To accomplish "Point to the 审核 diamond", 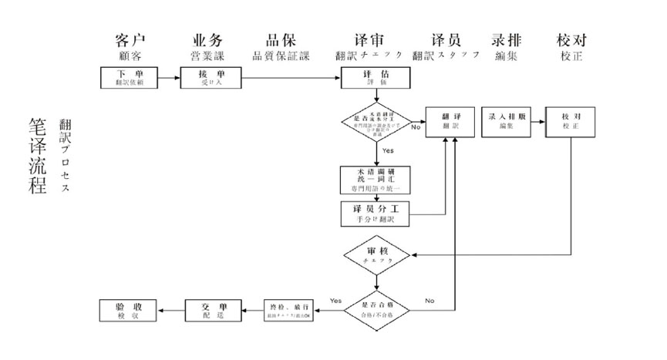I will click(377, 254).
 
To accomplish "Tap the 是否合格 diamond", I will click(377, 310).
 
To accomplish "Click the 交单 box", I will click(211, 310).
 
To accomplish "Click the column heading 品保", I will click(281, 41).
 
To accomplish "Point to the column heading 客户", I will click(130, 41).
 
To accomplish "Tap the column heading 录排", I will click(507, 41).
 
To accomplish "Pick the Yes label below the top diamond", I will click(388, 150).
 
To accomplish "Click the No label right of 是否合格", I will click(430, 301).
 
